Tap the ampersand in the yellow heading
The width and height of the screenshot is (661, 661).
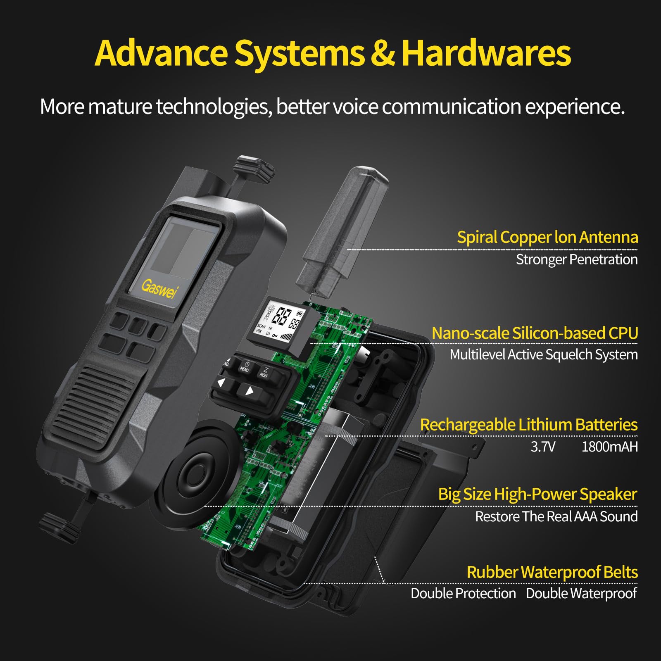[382, 54]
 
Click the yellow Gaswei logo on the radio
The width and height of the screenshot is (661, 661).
[159, 288]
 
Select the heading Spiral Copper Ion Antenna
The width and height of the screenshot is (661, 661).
[547, 237]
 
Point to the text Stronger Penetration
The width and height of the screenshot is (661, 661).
[576, 259]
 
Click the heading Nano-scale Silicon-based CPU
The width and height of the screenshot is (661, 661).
[535, 333]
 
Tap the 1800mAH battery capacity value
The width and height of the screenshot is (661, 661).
[609, 447]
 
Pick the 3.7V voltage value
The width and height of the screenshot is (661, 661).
[543, 447]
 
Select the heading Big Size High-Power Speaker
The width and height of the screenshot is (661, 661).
[537, 494]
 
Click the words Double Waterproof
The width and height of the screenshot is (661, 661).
[581, 593]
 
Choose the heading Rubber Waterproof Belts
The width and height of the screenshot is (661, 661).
[552, 572]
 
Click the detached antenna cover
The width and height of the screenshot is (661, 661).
[343, 231]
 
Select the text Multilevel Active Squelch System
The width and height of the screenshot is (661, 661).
[543, 354]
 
